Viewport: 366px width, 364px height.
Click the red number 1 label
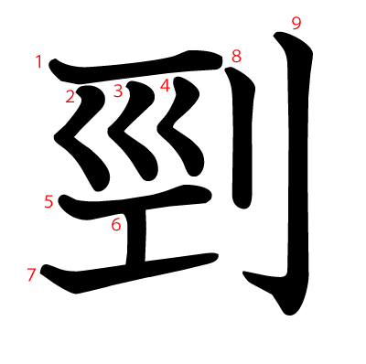point(38,61)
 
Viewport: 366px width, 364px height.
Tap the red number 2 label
point(70,97)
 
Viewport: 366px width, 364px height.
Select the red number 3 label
point(118,91)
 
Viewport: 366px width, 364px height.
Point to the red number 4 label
point(165,85)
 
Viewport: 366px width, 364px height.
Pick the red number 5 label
point(48,202)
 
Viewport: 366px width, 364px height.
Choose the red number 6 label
point(116,225)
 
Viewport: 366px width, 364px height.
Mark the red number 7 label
point(31,274)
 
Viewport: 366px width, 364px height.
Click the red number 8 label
point(236,56)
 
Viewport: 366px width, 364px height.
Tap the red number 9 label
point(296,24)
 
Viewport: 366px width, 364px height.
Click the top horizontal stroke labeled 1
point(135,68)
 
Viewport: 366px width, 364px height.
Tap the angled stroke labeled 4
point(180,128)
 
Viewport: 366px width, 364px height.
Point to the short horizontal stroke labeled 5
point(135,202)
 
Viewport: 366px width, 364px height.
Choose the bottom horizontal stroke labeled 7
point(128,273)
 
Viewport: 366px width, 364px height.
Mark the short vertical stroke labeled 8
point(243,137)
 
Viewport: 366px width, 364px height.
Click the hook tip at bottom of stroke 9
point(244,273)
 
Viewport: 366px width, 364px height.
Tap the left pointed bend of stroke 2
point(55,137)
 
